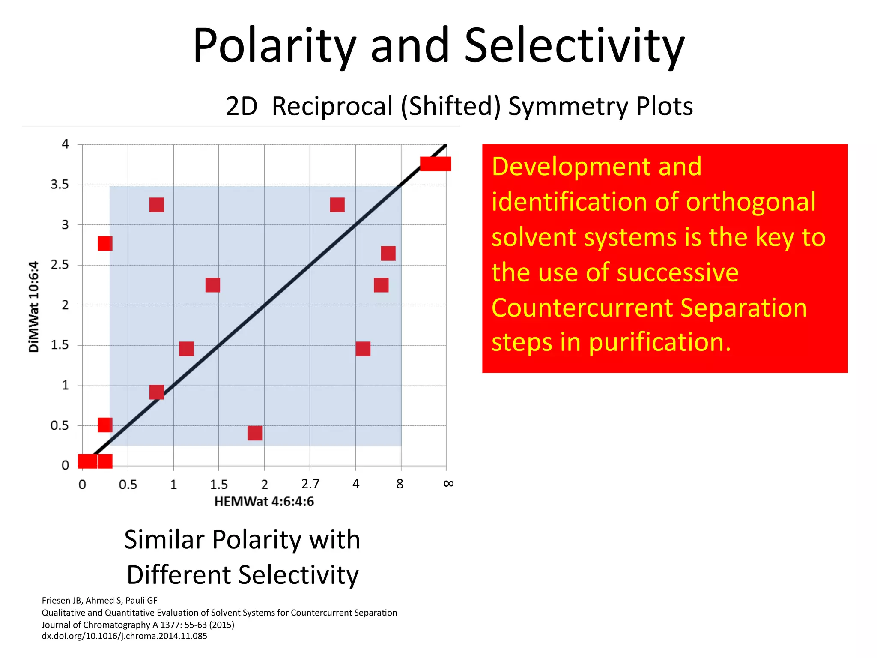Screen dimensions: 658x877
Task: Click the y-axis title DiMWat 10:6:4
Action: coord(34,307)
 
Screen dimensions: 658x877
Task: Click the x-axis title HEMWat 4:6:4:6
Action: coord(264,502)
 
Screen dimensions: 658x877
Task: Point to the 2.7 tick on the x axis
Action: coord(310,484)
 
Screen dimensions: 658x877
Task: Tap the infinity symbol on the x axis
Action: coord(448,483)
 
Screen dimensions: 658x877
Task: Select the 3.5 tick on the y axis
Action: coord(60,185)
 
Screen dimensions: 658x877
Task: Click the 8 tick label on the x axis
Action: coord(400,484)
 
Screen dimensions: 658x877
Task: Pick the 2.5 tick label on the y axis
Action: coord(60,265)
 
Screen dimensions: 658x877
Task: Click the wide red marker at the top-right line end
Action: coord(436,164)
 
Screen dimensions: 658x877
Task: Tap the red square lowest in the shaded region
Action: coord(255,433)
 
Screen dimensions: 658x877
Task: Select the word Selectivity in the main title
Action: coord(574,45)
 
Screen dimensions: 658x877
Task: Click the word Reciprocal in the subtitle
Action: coord(332,106)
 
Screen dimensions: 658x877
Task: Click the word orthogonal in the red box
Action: coord(751,202)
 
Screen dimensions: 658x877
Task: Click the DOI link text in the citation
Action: coord(124,636)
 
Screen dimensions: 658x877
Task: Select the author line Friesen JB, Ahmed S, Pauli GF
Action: coord(99,601)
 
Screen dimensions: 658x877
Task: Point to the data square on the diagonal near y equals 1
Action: coord(157,392)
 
